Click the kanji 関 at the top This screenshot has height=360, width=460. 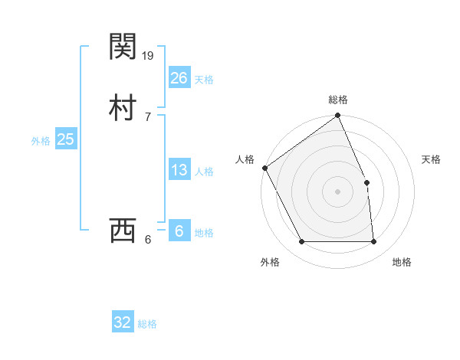click(x=123, y=47)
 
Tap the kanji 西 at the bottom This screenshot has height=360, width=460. click(x=123, y=231)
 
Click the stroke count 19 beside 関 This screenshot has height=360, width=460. click(x=149, y=55)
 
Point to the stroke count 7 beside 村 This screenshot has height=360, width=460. click(x=147, y=116)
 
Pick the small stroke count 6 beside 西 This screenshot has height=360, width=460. click(x=148, y=239)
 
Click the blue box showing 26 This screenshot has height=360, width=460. click(x=179, y=77)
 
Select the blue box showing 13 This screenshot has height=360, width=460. click(x=179, y=170)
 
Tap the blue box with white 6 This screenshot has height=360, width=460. click(x=179, y=231)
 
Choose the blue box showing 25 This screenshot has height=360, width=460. click(x=66, y=139)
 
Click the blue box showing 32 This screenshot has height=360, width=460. click(x=123, y=322)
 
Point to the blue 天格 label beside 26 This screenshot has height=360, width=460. click(x=204, y=80)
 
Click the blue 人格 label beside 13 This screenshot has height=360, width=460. click(x=204, y=172)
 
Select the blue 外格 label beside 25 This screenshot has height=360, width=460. click(x=41, y=141)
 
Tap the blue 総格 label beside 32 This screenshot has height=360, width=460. click(x=147, y=324)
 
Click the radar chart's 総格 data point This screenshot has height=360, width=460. click(x=338, y=116)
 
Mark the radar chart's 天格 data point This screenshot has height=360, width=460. click(x=366, y=182)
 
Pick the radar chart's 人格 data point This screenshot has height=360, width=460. click(x=264, y=168)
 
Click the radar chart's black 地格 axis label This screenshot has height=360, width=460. click(x=402, y=262)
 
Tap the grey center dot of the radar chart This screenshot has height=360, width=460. click(x=338, y=191)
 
